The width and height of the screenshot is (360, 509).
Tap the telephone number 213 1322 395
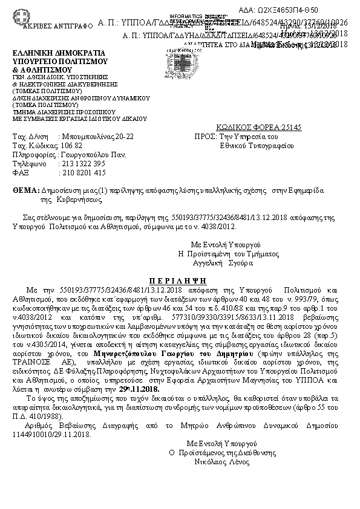82,164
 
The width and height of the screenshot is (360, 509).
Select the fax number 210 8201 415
82,172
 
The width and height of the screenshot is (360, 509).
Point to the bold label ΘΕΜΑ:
26,190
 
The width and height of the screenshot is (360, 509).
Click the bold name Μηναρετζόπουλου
128,352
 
